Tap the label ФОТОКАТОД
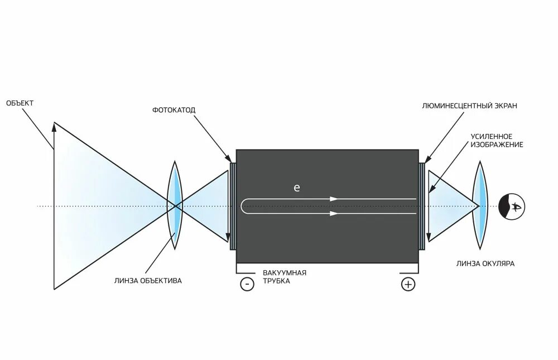tap(174, 109)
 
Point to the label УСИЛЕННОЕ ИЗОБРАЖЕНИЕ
tap(497, 140)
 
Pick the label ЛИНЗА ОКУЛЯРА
tap(485, 263)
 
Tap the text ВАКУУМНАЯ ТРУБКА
tap(285, 276)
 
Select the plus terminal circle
tap(408, 284)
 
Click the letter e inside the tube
tap(297, 188)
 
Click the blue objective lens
tap(176, 205)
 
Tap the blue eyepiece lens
tap(480, 205)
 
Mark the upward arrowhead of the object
tap(54, 126)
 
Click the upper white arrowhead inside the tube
tap(334, 199)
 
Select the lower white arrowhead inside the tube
tap(334, 213)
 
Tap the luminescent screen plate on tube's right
tap(422, 206)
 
